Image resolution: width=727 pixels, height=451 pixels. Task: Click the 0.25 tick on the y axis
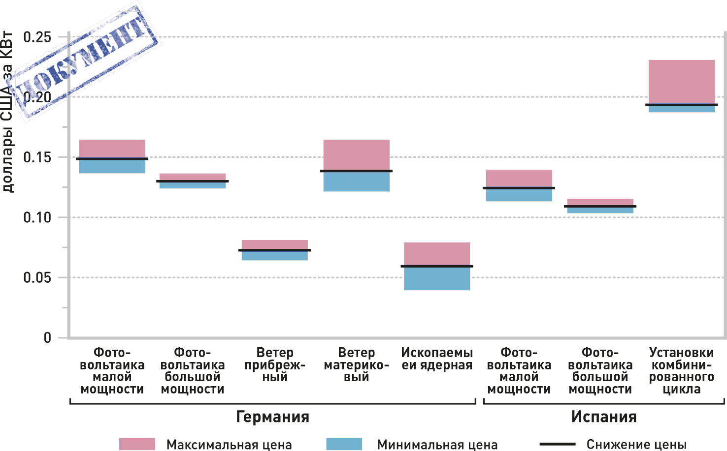click(x=37, y=37)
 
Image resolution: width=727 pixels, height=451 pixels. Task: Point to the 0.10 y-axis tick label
click(x=37, y=217)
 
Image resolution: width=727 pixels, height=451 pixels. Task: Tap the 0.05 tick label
click(x=37, y=277)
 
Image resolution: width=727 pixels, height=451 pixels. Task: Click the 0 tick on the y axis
click(x=47, y=338)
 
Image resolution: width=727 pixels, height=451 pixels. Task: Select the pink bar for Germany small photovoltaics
click(x=112, y=149)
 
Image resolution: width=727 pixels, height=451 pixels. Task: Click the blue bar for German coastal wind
click(x=274, y=256)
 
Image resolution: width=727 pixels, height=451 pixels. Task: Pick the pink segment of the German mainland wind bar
click(x=356, y=154)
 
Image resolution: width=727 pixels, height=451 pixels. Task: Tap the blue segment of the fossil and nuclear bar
click(x=437, y=278)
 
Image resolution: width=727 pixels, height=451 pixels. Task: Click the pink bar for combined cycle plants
click(x=681, y=81)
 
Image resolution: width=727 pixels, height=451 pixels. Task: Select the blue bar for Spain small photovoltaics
click(x=519, y=195)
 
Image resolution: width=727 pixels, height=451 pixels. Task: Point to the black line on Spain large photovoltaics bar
click(x=600, y=207)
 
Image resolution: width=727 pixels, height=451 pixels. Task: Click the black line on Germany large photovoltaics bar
click(x=193, y=181)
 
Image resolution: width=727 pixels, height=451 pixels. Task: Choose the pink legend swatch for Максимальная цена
click(x=137, y=444)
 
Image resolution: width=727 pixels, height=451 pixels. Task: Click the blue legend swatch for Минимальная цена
click(x=344, y=444)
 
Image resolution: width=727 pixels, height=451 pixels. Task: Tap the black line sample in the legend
click(x=558, y=444)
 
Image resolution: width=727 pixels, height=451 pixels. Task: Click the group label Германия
click(x=272, y=417)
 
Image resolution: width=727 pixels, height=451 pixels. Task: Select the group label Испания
click(x=604, y=417)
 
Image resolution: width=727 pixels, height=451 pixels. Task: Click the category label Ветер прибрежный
click(x=275, y=365)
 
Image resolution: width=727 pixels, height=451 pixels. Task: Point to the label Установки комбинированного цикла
click(x=681, y=371)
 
